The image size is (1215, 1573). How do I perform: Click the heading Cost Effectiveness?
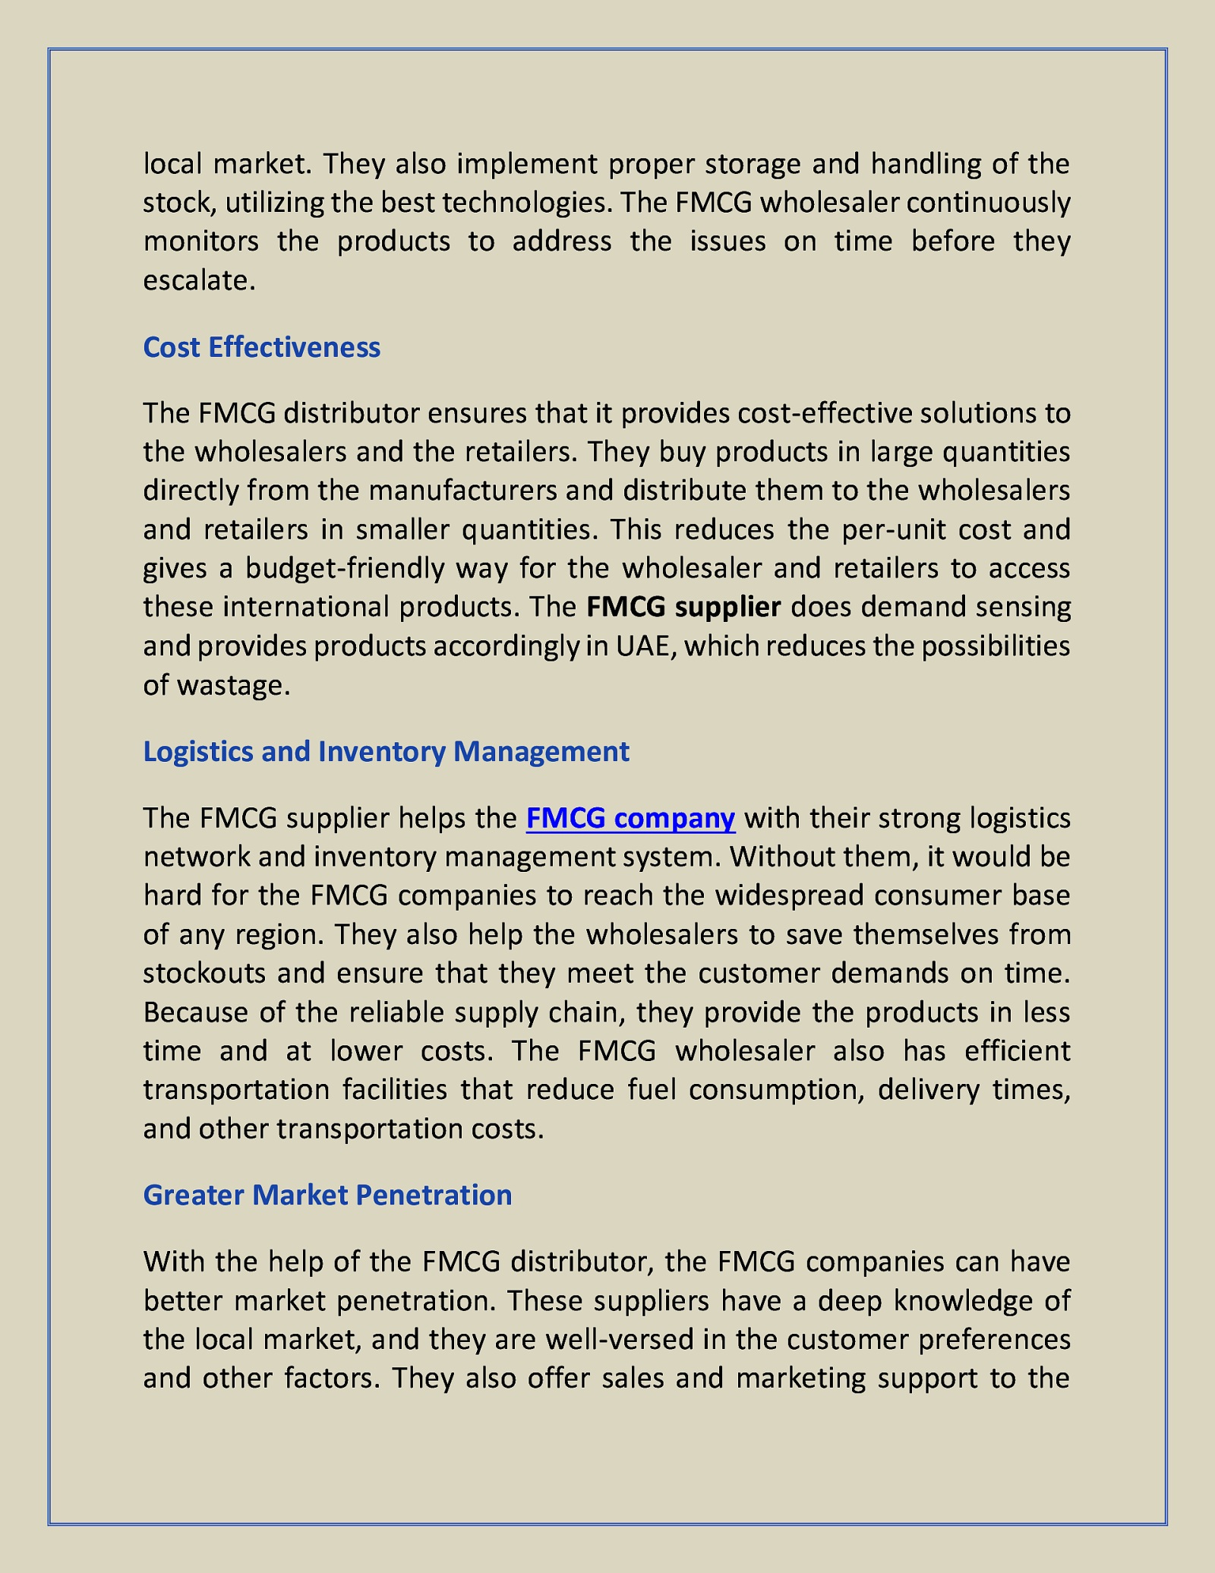(261, 347)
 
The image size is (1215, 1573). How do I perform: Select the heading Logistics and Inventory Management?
(386, 751)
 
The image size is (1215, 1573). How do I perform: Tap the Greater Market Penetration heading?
(327, 1195)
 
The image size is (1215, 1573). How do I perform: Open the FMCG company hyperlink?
(630, 818)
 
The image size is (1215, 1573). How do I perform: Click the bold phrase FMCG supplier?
(683, 607)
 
